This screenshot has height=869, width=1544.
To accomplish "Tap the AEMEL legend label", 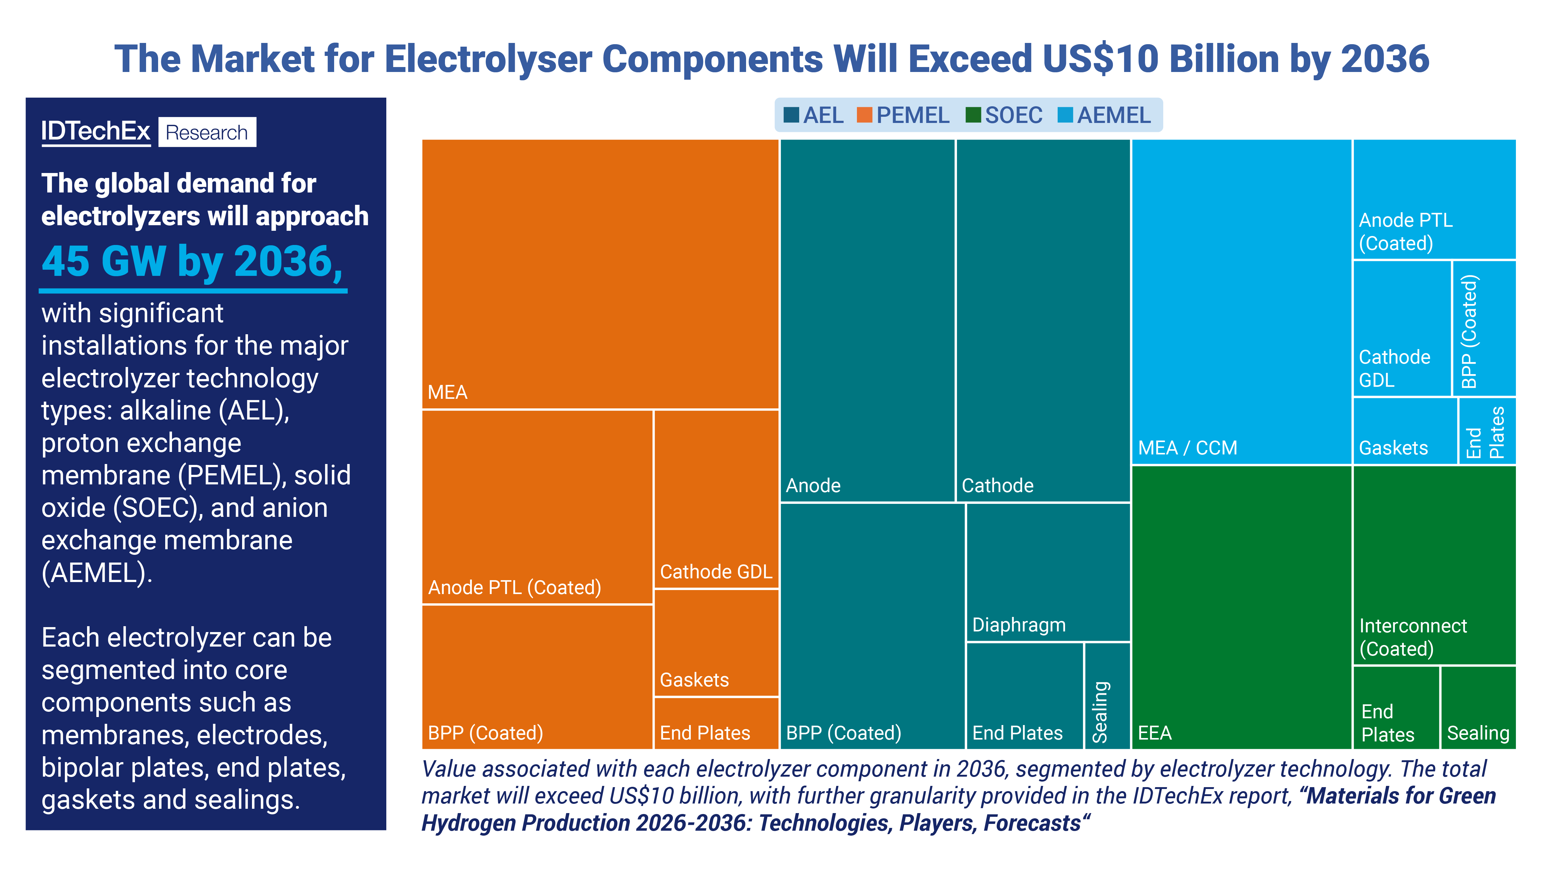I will (1114, 115).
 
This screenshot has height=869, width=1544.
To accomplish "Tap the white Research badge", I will (207, 132).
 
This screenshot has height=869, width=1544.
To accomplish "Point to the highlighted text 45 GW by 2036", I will (192, 262).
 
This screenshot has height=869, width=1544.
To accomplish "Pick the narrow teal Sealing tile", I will (1107, 696).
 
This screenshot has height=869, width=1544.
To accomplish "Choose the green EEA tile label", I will (1154, 733).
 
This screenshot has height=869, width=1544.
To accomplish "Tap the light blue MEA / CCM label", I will (1187, 448).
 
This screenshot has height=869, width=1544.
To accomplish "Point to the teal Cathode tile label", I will (997, 485).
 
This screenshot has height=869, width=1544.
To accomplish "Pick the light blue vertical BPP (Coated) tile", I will (1483, 329).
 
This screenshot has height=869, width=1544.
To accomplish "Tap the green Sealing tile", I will (1478, 708).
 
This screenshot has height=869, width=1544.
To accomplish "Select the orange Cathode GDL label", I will (716, 572).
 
